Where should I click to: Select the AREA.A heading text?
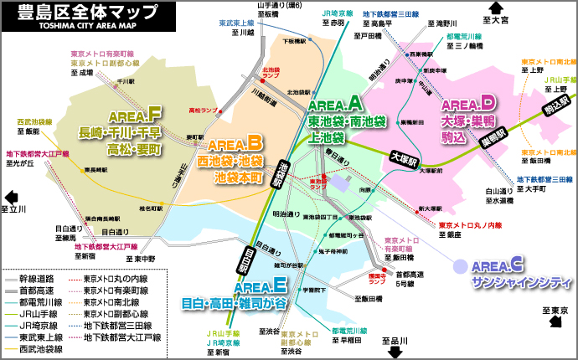click(x=335, y=104)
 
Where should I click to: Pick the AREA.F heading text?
click(x=134, y=114)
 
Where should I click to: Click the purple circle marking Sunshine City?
click(x=459, y=266)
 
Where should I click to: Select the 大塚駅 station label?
click(x=405, y=156)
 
